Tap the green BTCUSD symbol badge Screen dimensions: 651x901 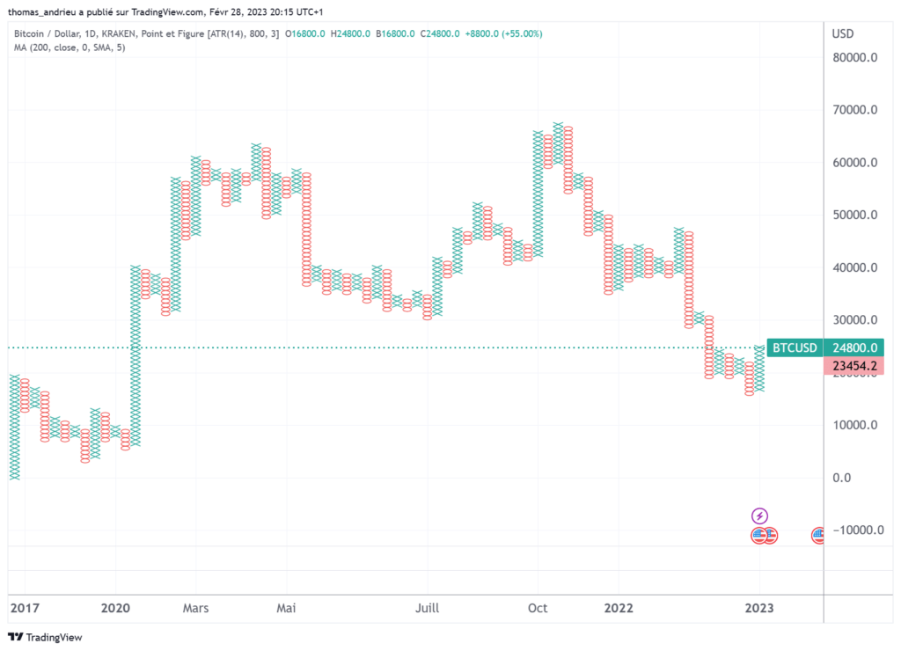(x=795, y=347)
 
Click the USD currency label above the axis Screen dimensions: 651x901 (x=843, y=33)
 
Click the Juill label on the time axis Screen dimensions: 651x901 (x=427, y=608)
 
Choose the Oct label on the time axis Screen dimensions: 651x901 (x=538, y=608)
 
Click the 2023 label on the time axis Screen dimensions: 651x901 (x=760, y=608)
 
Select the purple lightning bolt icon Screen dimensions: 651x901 (x=760, y=516)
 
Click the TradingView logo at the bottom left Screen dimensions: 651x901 (x=44, y=637)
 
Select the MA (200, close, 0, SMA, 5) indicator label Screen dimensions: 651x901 (x=70, y=47)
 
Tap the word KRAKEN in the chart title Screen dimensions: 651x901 (x=117, y=33)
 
